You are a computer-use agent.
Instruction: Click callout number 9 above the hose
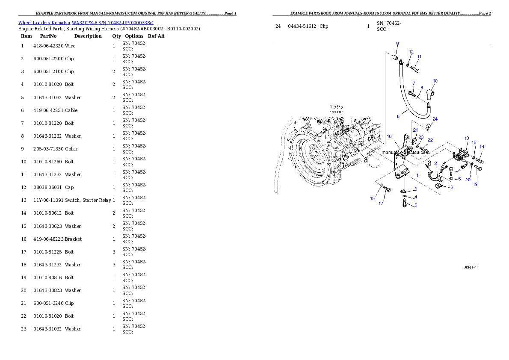coord(397,44)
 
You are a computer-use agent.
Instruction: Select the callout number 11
coord(419,56)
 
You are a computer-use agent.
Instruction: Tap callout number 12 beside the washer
coord(411,52)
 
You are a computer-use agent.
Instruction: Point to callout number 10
coord(435,81)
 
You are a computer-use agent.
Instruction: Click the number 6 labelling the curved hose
coord(398,116)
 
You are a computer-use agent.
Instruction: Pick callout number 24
coord(435,119)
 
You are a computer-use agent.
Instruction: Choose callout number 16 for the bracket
coord(389,136)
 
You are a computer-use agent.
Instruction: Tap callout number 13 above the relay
coord(467,139)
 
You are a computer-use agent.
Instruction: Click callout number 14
coord(482,147)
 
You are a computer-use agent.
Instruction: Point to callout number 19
coord(475,184)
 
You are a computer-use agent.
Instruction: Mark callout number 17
coord(381,203)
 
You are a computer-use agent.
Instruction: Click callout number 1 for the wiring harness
coord(417,175)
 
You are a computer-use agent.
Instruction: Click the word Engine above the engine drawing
coord(336,112)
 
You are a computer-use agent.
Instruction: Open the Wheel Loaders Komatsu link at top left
coord(86,22)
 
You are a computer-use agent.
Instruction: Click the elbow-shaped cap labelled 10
coord(432,91)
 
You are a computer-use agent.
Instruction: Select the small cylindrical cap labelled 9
coord(396,58)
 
